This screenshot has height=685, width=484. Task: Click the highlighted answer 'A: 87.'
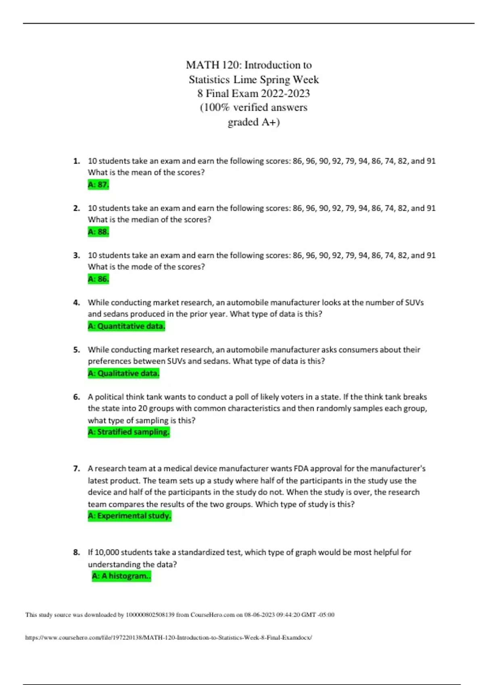98,185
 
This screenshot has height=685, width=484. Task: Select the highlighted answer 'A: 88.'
98,232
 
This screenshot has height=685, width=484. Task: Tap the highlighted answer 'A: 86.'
98,279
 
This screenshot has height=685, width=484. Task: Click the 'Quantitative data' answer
126,326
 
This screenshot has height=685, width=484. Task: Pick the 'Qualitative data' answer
123,373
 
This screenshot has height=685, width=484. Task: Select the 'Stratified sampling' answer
129,432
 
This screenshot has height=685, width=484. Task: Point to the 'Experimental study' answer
129,516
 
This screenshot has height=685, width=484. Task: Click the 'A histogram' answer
121,576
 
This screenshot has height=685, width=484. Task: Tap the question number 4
76,303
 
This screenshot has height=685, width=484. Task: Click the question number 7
76,469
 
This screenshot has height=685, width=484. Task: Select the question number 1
76,161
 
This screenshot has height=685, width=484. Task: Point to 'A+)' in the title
270,122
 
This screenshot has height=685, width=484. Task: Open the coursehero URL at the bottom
168,637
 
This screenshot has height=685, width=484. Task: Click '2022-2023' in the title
285,93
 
